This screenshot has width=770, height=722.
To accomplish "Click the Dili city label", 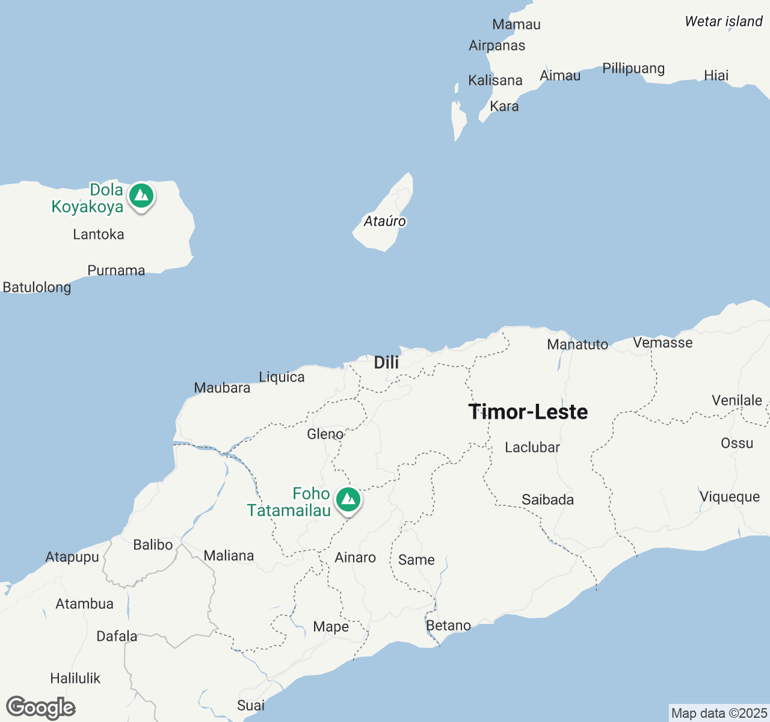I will point(386,362).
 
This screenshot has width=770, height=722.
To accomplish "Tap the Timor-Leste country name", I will point(528,412).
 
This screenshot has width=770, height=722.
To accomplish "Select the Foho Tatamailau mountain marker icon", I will point(348,500).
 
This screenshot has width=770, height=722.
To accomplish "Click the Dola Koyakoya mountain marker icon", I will point(141,196).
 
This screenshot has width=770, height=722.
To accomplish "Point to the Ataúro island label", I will point(384,221).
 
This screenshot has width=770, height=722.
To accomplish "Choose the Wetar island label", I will point(724,22).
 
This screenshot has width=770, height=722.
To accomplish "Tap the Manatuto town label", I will point(577,345).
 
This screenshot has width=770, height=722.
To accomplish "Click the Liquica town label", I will point(282,377).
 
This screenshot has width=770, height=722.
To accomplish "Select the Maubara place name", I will point(222,388).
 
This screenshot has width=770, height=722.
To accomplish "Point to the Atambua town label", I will point(84,604).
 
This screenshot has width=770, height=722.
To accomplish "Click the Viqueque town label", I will point(730,497).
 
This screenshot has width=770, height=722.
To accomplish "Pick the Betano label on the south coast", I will point(448,626).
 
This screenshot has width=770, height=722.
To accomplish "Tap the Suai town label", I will point(251,705).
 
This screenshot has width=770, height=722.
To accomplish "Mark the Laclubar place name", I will point(532,448).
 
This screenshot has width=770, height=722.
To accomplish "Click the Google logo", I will point(41,708).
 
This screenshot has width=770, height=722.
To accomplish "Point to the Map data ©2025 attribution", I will point(719,714).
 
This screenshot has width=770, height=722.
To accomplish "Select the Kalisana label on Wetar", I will point(495,81).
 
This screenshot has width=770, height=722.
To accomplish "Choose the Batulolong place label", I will point(37,288).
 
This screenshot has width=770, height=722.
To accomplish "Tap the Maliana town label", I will point(229,556).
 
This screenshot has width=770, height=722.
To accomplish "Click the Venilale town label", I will point(737,401).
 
